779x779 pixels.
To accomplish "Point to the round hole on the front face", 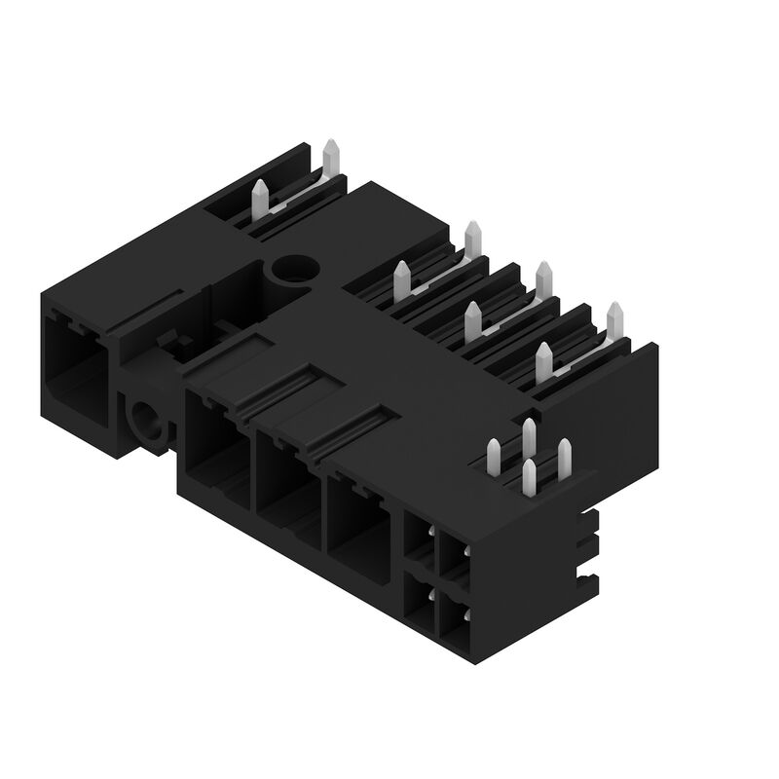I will point(148,422).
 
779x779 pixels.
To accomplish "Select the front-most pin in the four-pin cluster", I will point(529,476).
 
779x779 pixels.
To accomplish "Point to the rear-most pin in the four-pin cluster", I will point(528,434).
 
